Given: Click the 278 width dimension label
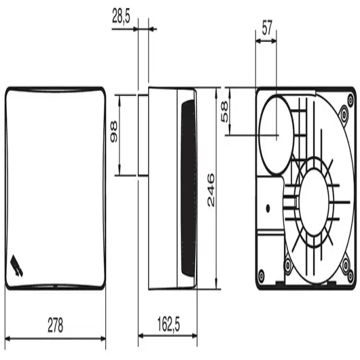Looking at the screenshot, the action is (55, 325).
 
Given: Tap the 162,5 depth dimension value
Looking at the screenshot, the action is (169, 324).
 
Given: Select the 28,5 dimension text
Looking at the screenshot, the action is (121, 16).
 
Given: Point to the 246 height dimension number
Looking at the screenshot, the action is (211, 190).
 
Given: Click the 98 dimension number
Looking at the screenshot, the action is (114, 132).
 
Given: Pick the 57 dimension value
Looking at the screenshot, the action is (267, 28).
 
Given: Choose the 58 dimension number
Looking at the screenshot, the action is (225, 111).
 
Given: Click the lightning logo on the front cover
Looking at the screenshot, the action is (17, 266).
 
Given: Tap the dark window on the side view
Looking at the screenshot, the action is (187, 188).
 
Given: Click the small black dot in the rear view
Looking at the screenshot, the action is (267, 209).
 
